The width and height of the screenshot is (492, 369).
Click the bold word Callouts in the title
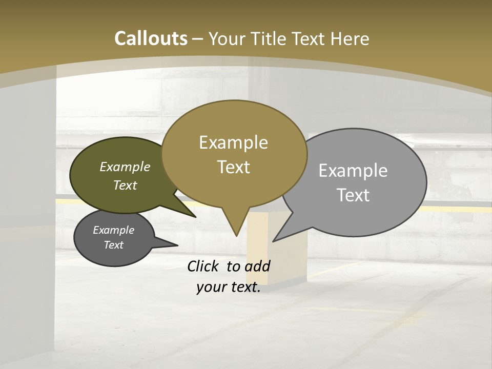(x=151, y=38)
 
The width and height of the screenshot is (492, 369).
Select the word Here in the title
(x=351, y=38)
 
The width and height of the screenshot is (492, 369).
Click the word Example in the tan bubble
(x=233, y=142)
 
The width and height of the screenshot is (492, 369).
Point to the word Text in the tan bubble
(x=233, y=167)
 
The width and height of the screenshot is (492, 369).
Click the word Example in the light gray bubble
(x=353, y=171)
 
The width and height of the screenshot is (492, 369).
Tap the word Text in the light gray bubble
(x=353, y=195)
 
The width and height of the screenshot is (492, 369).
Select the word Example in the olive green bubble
(x=125, y=167)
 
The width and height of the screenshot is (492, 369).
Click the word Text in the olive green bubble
(x=125, y=186)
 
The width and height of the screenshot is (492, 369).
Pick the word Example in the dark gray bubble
(x=113, y=230)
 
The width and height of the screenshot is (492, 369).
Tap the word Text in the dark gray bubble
(x=113, y=245)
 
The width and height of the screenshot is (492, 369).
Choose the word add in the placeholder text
(x=257, y=266)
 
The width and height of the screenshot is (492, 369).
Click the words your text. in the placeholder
(x=228, y=288)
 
